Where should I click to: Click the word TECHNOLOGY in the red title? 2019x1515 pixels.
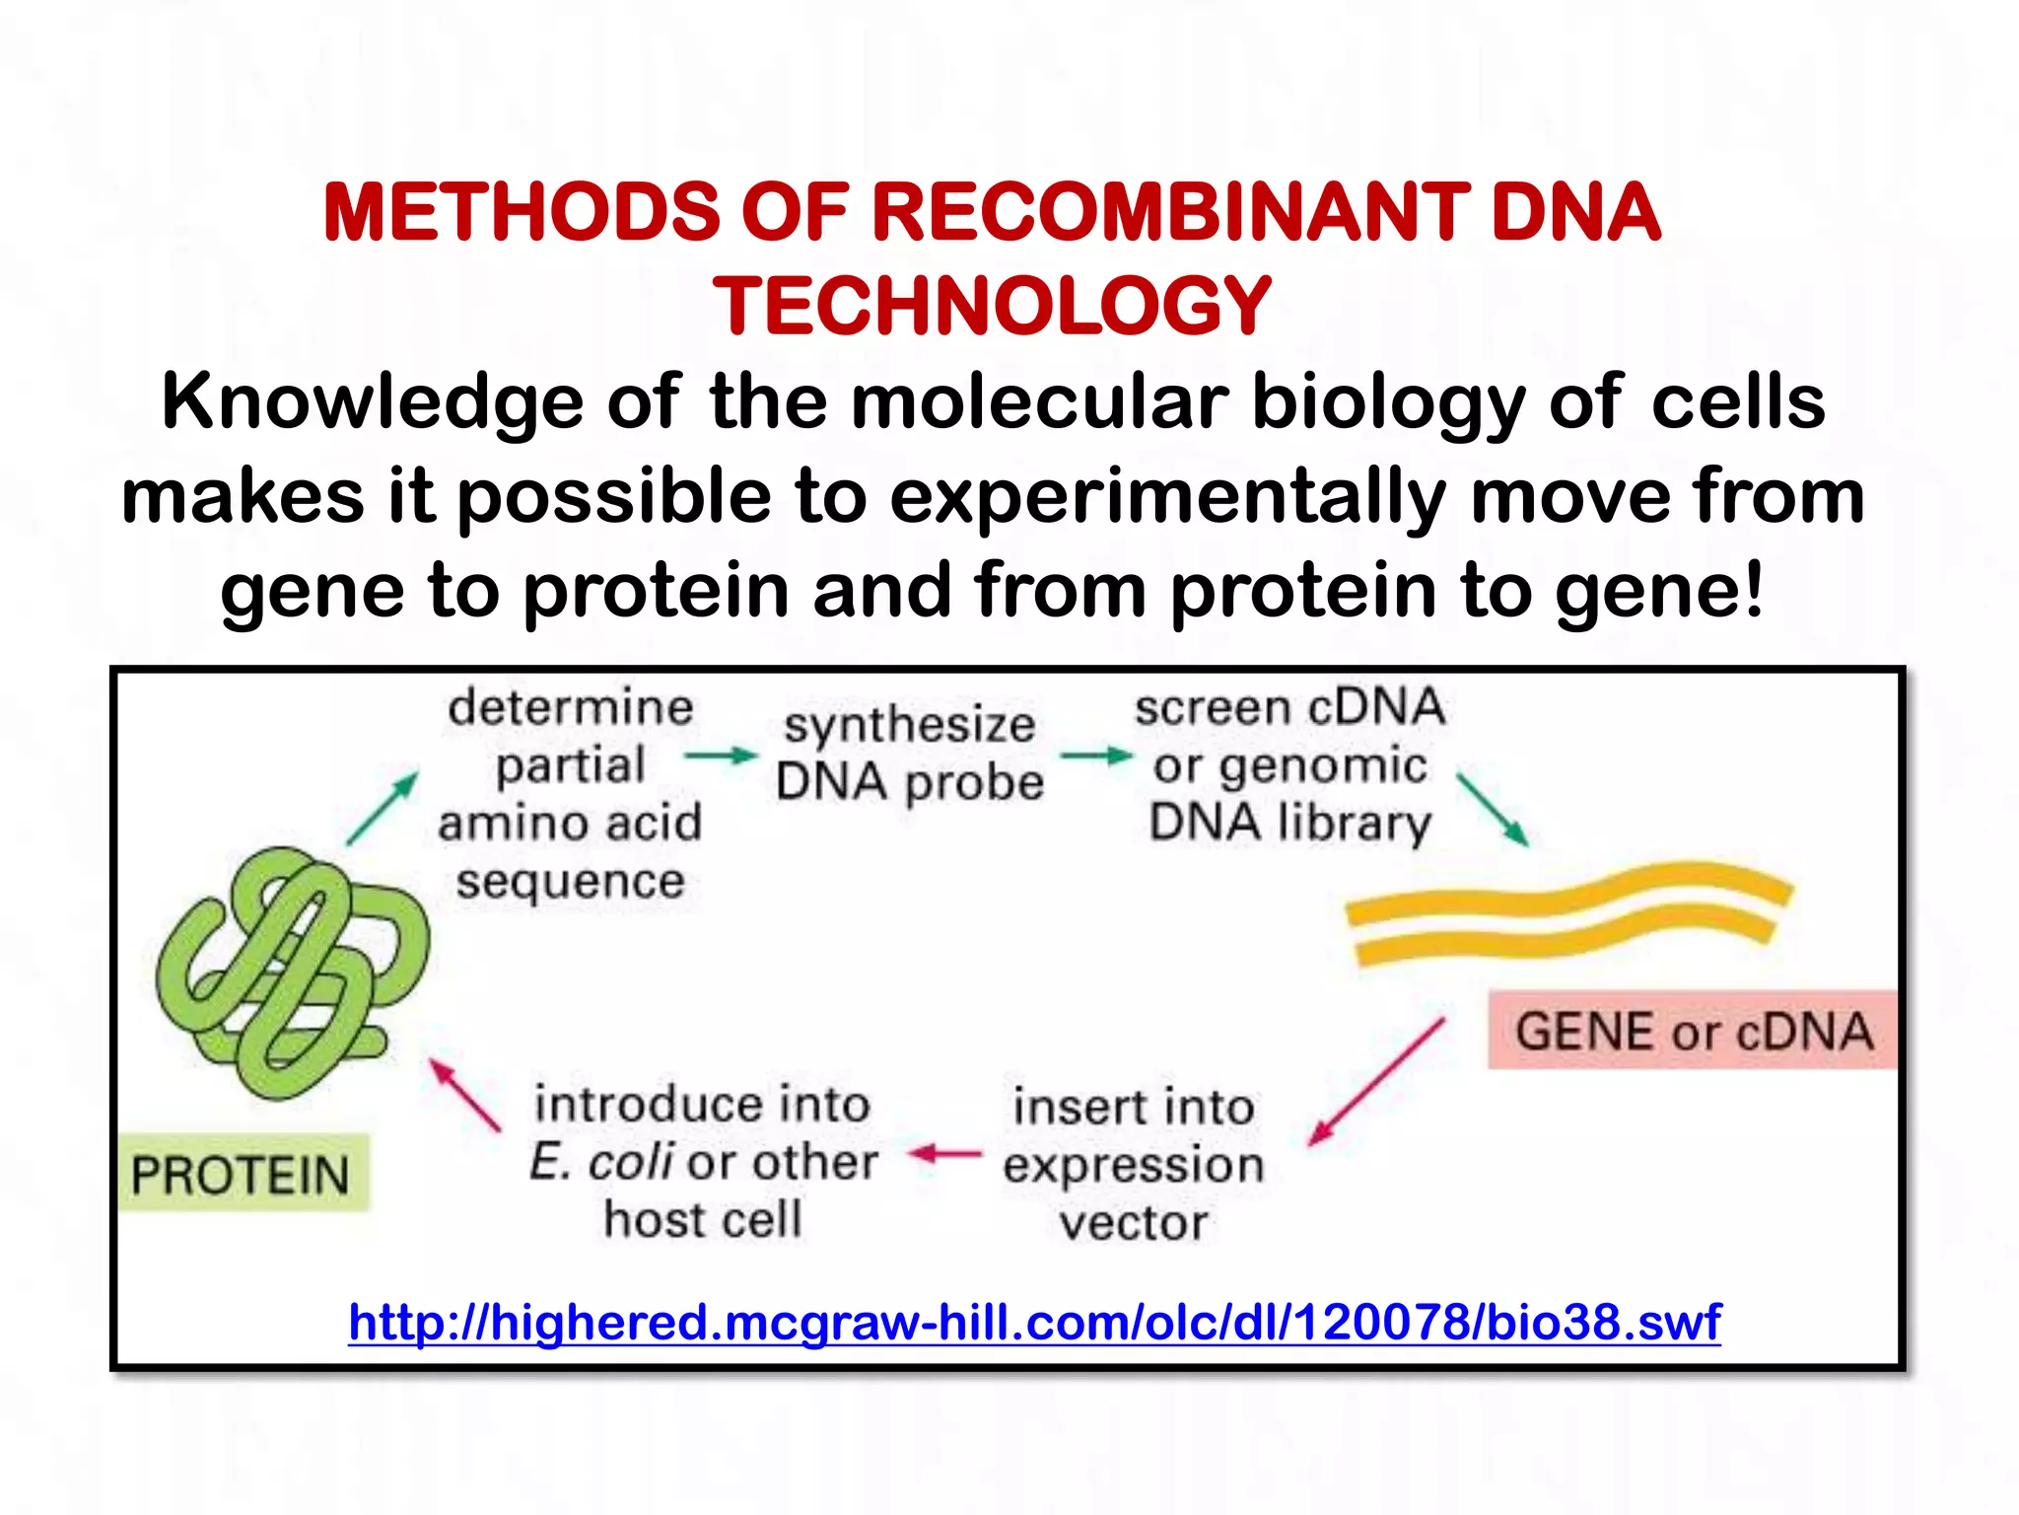(x=992, y=306)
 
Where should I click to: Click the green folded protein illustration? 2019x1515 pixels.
(x=292, y=972)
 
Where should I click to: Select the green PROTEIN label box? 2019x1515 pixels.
(x=243, y=1174)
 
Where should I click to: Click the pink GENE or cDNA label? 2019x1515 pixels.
(x=1692, y=1031)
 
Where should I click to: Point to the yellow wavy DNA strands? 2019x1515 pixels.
(x=1567, y=912)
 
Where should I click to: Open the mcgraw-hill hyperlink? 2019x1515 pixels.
(x=1034, y=1323)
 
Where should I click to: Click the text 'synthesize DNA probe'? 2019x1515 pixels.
(x=908, y=754)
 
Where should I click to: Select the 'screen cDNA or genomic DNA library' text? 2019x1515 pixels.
(x=1289, y=764)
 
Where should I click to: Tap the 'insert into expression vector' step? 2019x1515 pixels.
(x=1134, y=1164)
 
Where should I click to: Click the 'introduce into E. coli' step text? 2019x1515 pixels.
(x=702, y=1161)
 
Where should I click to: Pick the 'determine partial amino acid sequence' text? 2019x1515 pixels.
(x=570, y=793)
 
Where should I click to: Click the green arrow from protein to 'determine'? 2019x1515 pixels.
(x=383, y=809)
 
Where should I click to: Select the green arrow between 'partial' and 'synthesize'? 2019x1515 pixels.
(x=721, y=757)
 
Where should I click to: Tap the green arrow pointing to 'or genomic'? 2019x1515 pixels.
(x=1096, y=757)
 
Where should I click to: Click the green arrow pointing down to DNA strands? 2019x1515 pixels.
(x=1493, y=810)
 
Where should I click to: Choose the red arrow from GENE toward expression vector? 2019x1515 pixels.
(x=1376, y=1082)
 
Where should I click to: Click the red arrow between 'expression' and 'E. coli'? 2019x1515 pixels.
(x=944, y=1153)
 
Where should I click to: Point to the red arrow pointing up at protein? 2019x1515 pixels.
(x=464, y=1095)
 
